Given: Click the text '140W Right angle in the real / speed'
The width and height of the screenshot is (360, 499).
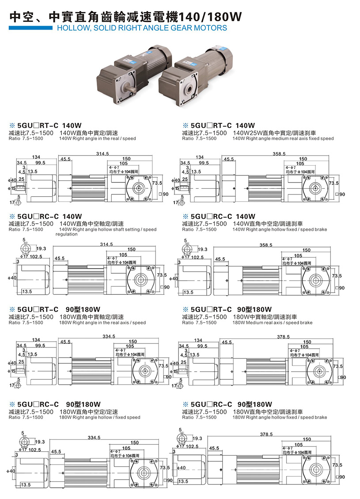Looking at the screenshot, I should click(x=97, y=138).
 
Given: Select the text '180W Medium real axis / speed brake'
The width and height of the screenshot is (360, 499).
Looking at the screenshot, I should click(x=272, y=323).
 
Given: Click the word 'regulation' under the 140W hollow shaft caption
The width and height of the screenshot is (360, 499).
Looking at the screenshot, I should click(x=66, y=234).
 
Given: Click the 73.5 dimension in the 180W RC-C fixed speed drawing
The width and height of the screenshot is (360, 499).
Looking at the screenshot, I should click(x=165, y=468).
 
